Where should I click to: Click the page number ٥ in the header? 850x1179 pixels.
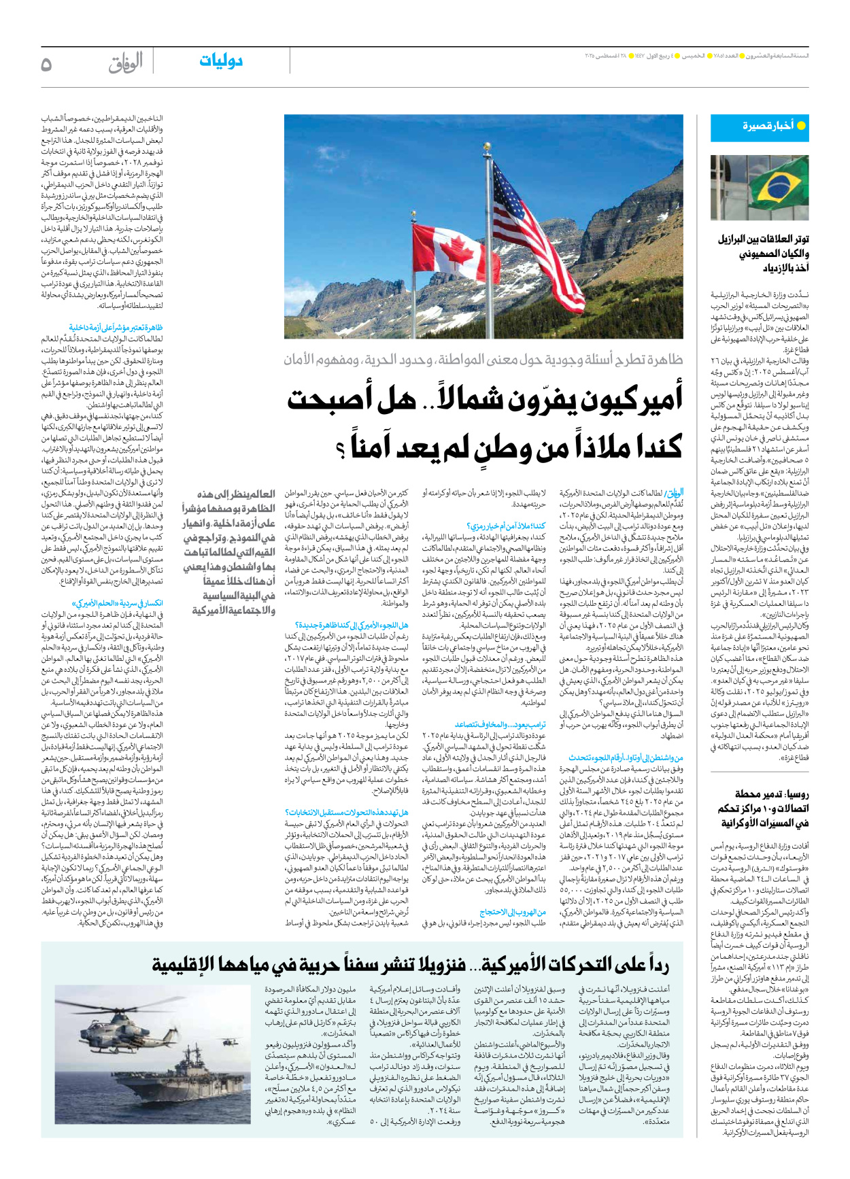[x=46, y=64]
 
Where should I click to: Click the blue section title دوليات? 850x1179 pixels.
[x=221, y=61]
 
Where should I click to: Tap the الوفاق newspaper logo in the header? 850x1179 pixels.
[x=126, y=63]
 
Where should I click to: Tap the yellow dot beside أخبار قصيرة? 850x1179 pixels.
[x=801, y=126]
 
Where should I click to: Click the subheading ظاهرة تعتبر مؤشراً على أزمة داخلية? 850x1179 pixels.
[x=116, y=328]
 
